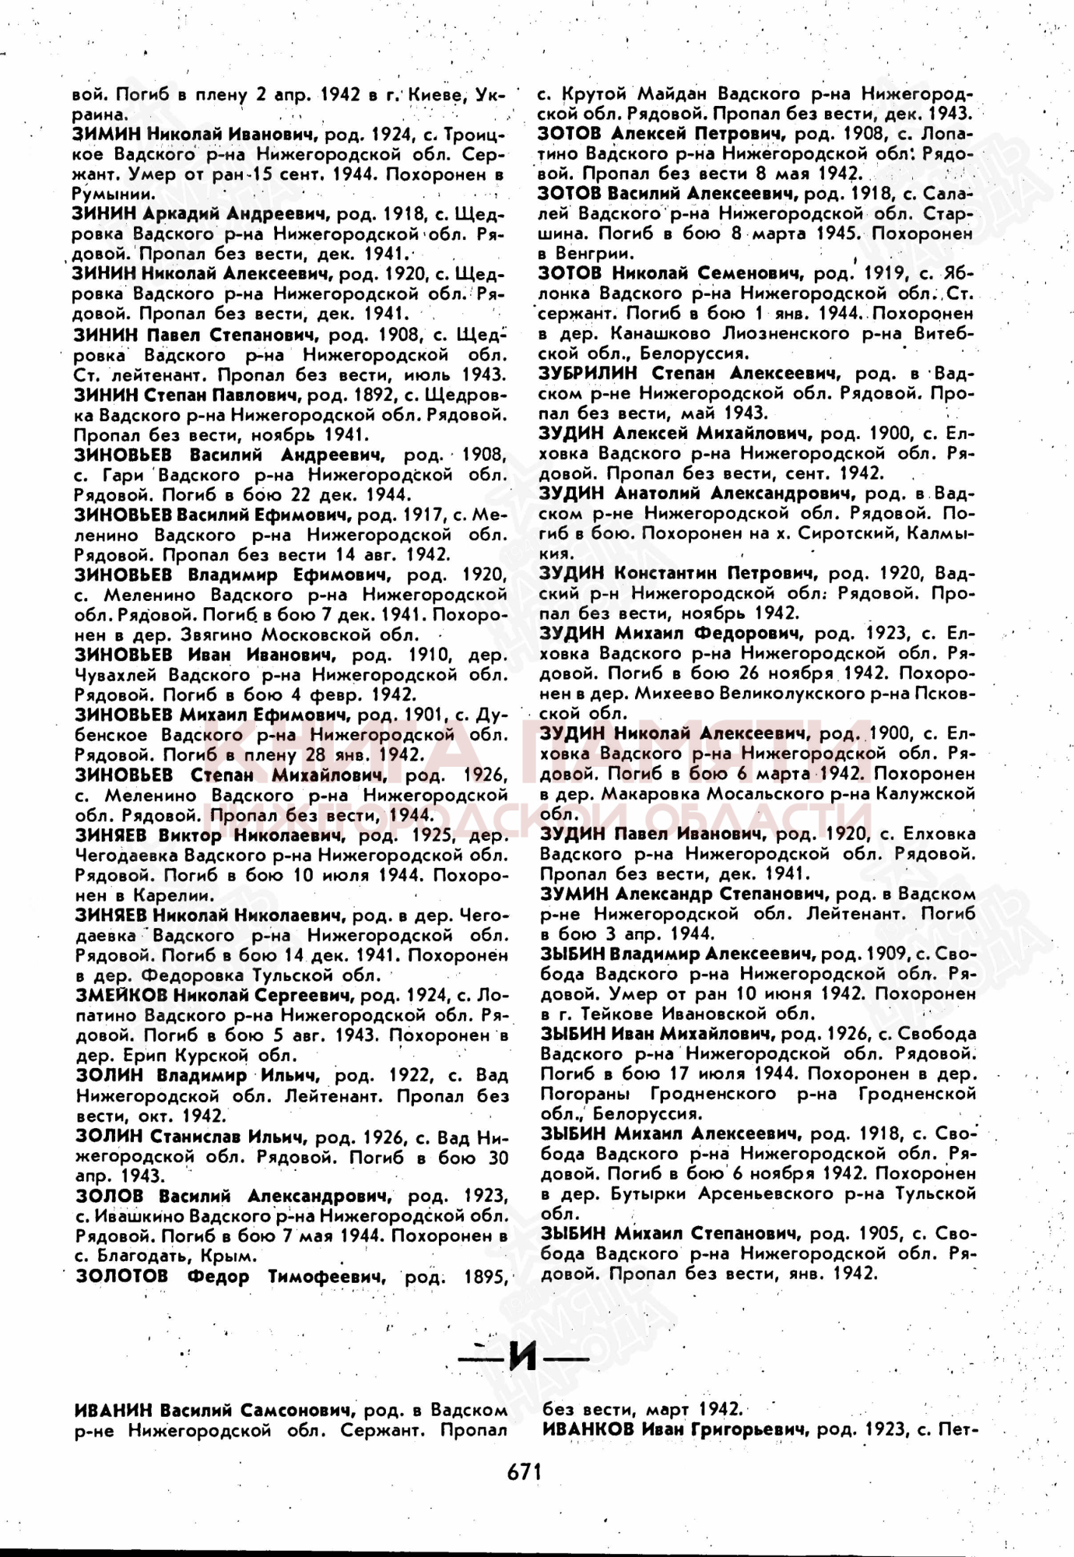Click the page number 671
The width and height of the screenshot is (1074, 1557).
(x=524, y=1471)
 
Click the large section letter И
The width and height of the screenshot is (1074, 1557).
(x=524, y=1358)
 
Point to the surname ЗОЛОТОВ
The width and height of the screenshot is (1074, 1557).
(x=121, y=1275)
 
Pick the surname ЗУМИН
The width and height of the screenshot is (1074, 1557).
(x=574, y=893)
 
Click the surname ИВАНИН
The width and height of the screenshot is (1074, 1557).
(x=113, y=1410)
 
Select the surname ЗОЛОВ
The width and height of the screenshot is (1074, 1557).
(x=110, y=1195)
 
